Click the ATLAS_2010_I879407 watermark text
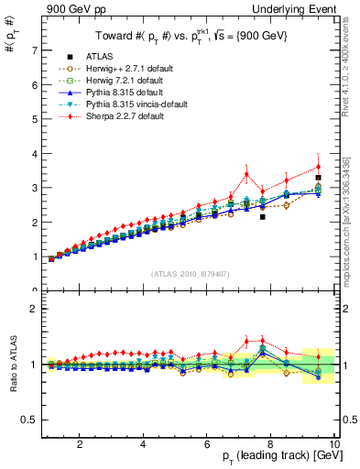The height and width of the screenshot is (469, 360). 190,274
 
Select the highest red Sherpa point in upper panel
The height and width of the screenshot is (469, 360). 318,167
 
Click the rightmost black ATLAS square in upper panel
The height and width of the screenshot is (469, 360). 318,178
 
